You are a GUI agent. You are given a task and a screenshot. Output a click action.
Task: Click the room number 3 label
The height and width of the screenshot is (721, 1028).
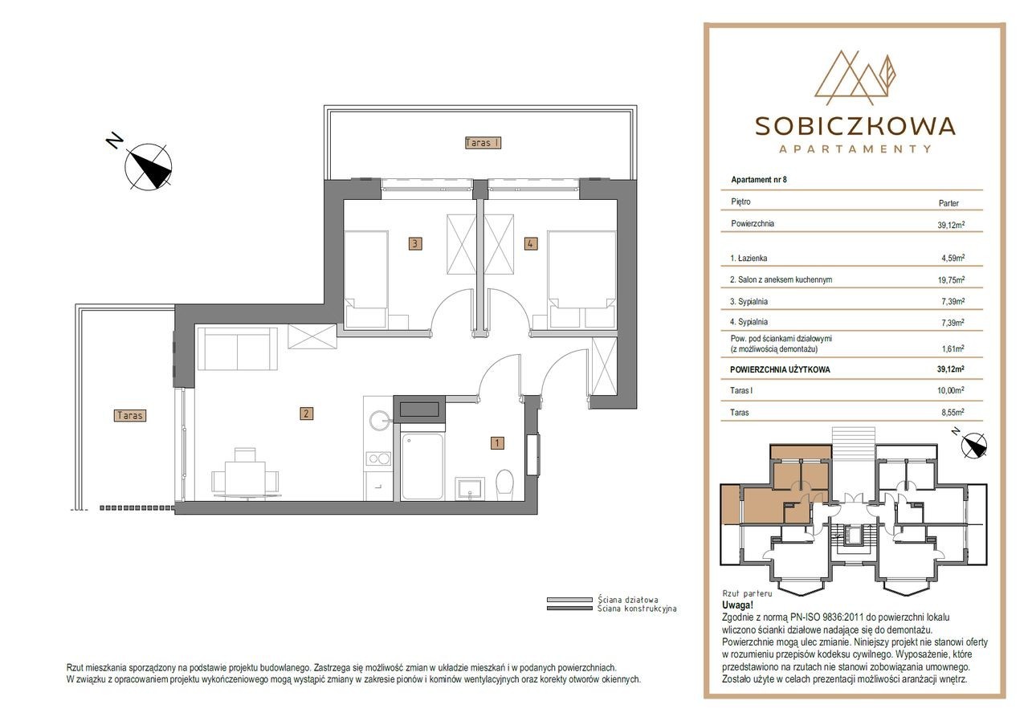pyautogui.click(x=415, y=243)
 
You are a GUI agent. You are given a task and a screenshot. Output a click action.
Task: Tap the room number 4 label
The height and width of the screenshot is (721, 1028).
pyautogui.click(x=531, y=243)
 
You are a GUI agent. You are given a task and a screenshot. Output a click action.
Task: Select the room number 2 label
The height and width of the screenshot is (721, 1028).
pyautogui.click(x=306, y=413)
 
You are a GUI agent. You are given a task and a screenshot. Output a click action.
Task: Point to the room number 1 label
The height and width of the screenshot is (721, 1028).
pyautogui.click(x=497, y=442)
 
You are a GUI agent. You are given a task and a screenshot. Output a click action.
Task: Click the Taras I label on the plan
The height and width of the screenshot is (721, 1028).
pyautogui.click(x=483, y=143)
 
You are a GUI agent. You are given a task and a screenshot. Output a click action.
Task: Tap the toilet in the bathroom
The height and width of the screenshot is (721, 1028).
pyautogui.click(x=505, y=484)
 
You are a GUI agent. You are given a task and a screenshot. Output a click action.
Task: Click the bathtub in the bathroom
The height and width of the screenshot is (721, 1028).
pyautogui.click(x=422, y=466)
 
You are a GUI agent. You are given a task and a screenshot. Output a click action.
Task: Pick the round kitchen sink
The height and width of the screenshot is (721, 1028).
pyautogui.click(x=380, y=420)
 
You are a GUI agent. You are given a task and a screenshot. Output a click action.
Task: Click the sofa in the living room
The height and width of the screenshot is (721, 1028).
pyautogui.click(x=237, y=348)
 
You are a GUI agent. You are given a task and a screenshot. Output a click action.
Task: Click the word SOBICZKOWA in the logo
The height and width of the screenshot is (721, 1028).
pyautogui.click(x=855, y=126)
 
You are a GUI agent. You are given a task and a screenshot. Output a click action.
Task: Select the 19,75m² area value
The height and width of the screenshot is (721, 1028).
pyautogui.click(x=951, y=280)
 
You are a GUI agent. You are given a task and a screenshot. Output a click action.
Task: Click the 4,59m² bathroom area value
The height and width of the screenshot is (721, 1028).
pyautogui.click(x=953, y=259)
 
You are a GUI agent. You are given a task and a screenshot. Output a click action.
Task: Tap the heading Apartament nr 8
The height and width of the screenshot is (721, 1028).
pyautogui.click(x=759, y=180)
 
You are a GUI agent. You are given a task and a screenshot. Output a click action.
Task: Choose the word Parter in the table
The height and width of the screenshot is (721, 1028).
pyautogui.click(x=948, y=203)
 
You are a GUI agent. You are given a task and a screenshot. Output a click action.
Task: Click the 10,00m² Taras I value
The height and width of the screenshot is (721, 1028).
pyautogui.click(x=951, y=391)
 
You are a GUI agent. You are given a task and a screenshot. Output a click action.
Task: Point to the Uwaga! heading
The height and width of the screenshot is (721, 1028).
pyautogui.click(x=737, y=605)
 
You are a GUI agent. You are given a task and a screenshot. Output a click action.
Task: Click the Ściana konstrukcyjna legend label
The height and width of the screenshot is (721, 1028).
pyautogui.click(x=637, y=609)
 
